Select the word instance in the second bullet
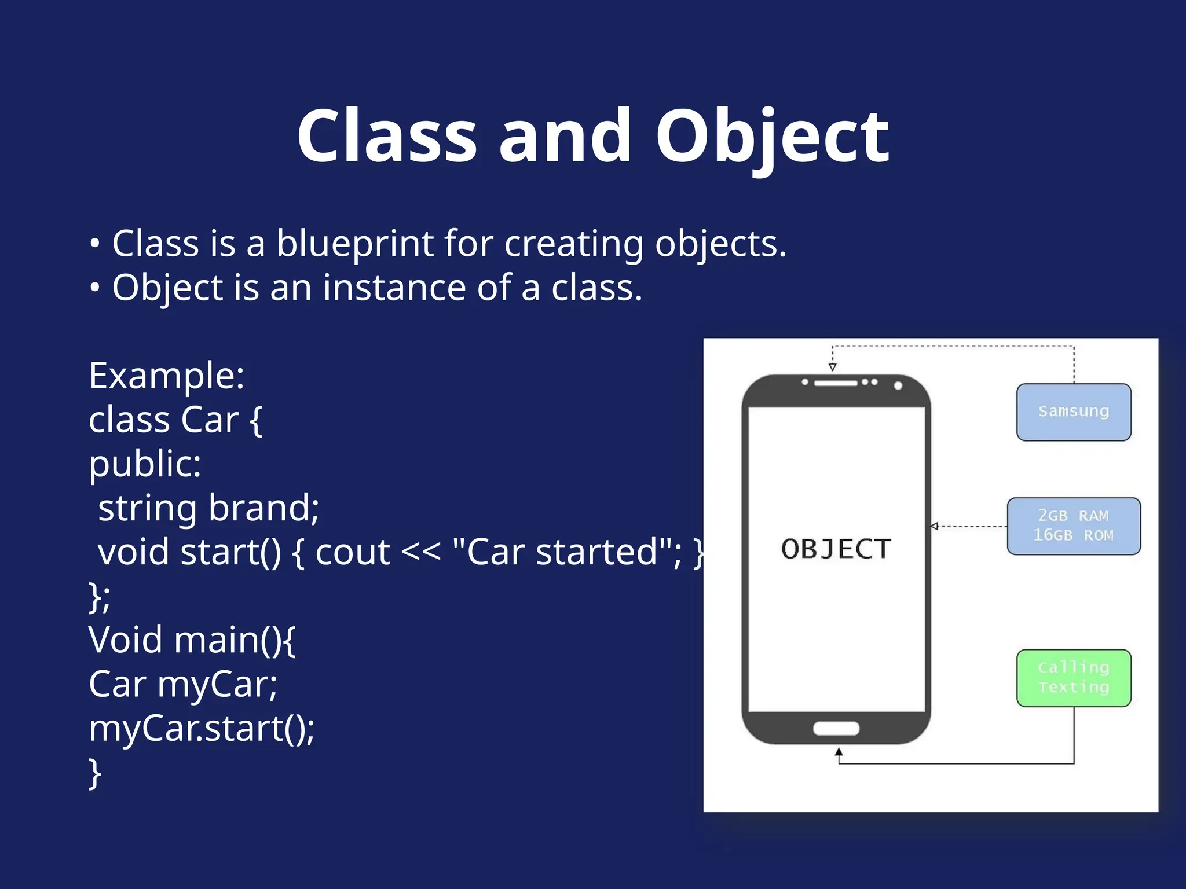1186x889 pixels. (x=394, y=288)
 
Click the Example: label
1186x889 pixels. (x=167, y=376)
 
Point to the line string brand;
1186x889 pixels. (x=208, y=508)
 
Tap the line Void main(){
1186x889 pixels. (x=192, y=640)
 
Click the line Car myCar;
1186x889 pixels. (x=183, y=684)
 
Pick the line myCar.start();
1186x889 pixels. (x=202, y=728)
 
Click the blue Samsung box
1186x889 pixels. (x=1074, y=412)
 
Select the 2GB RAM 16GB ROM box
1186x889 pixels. (x=1074, y=526)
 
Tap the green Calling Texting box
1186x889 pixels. (x=1074, y=678)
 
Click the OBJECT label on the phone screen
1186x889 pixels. (x=836, y=549)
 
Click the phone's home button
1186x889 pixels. (x=836, y=728)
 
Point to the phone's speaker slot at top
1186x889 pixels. (x=836, y=383)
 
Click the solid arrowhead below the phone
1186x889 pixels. (x=839, y=752)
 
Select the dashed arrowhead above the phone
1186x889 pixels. (x=832, y=367)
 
